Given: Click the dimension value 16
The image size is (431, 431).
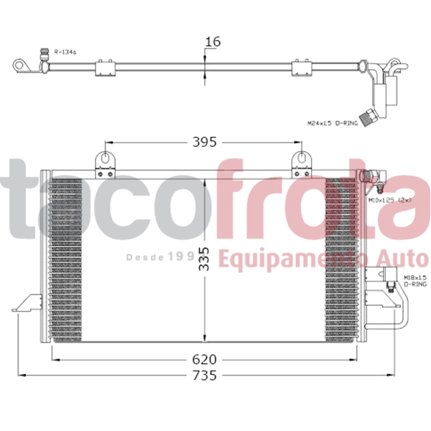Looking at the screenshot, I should [x=212, y=42].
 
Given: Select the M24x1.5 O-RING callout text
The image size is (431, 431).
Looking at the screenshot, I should [x=332, y=124].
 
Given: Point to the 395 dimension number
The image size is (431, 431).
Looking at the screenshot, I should [x=205, y=142].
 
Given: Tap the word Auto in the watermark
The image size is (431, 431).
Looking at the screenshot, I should [x=404, y=259].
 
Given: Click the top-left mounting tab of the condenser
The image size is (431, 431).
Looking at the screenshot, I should [x=106, y=161].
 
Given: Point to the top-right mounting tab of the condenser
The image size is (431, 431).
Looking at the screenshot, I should [x=302, y=161].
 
